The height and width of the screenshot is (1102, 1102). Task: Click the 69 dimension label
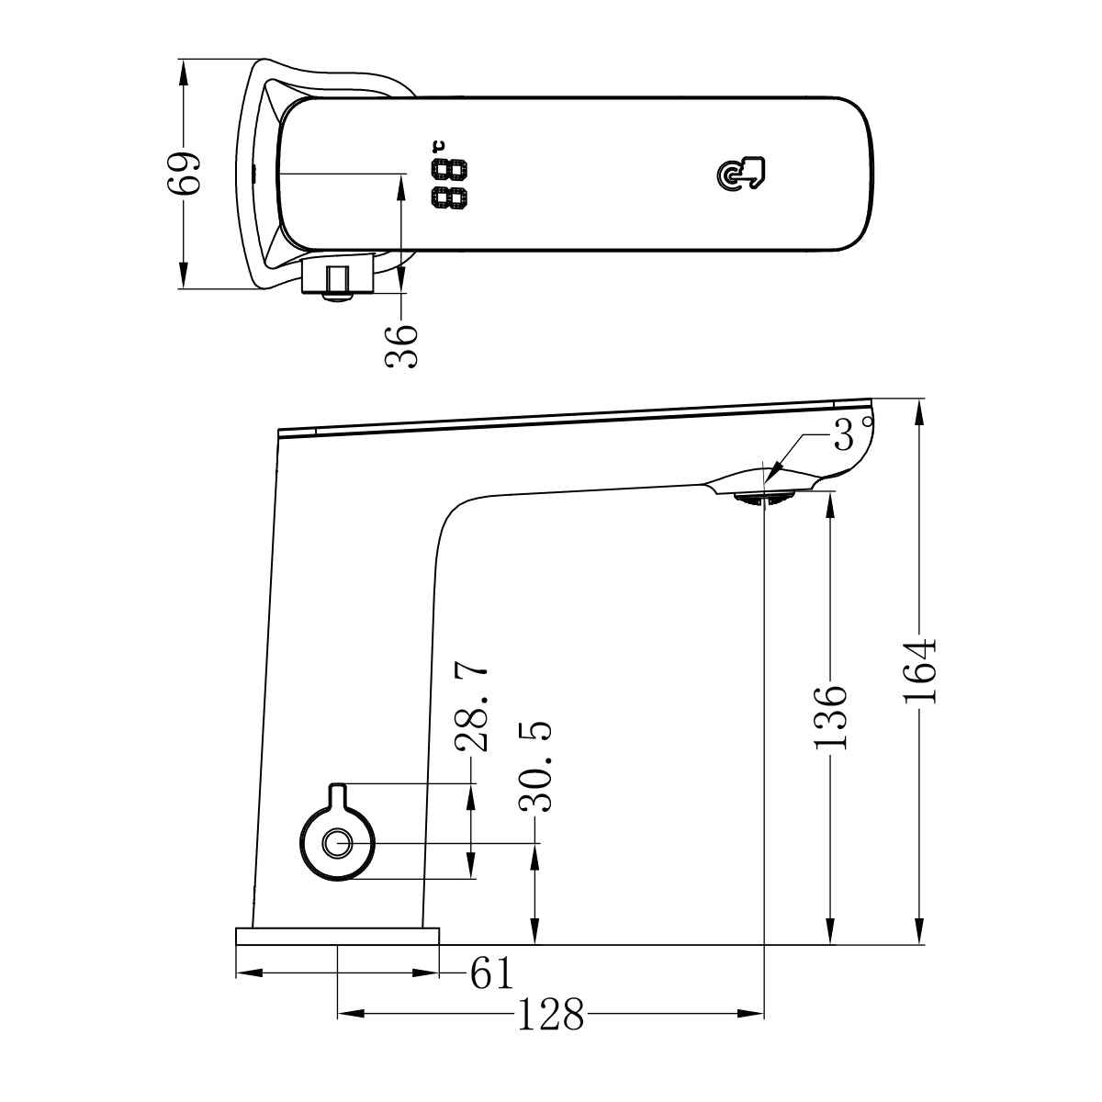185,172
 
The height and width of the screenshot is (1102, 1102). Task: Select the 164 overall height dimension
919,670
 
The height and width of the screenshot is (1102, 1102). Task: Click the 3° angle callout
849,435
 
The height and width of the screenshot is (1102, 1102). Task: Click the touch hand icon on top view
740,174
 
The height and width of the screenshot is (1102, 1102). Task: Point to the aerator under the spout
763,497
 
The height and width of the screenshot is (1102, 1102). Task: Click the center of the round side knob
338,843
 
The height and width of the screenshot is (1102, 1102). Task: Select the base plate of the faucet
337,936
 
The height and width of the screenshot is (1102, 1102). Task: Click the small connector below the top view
337,279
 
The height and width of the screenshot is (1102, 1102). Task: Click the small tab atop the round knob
337,791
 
